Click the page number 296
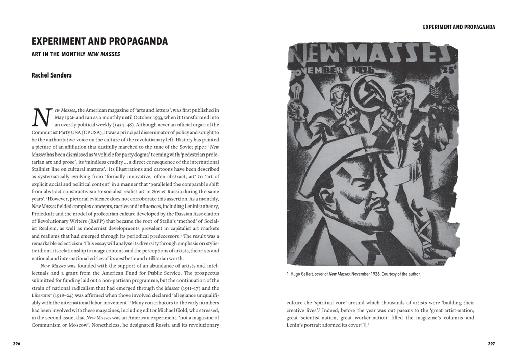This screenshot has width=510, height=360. pyautogui.click(x=17, y=344)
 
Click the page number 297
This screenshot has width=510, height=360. pyautogui.click(x=491, y=344)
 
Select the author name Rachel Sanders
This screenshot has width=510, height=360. pyautogui.click(x=52, y=75)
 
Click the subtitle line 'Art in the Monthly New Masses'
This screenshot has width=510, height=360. pyautogui.click(x=75, y=54)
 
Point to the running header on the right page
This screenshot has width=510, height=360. pyautogui.click(x=459, y=27)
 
